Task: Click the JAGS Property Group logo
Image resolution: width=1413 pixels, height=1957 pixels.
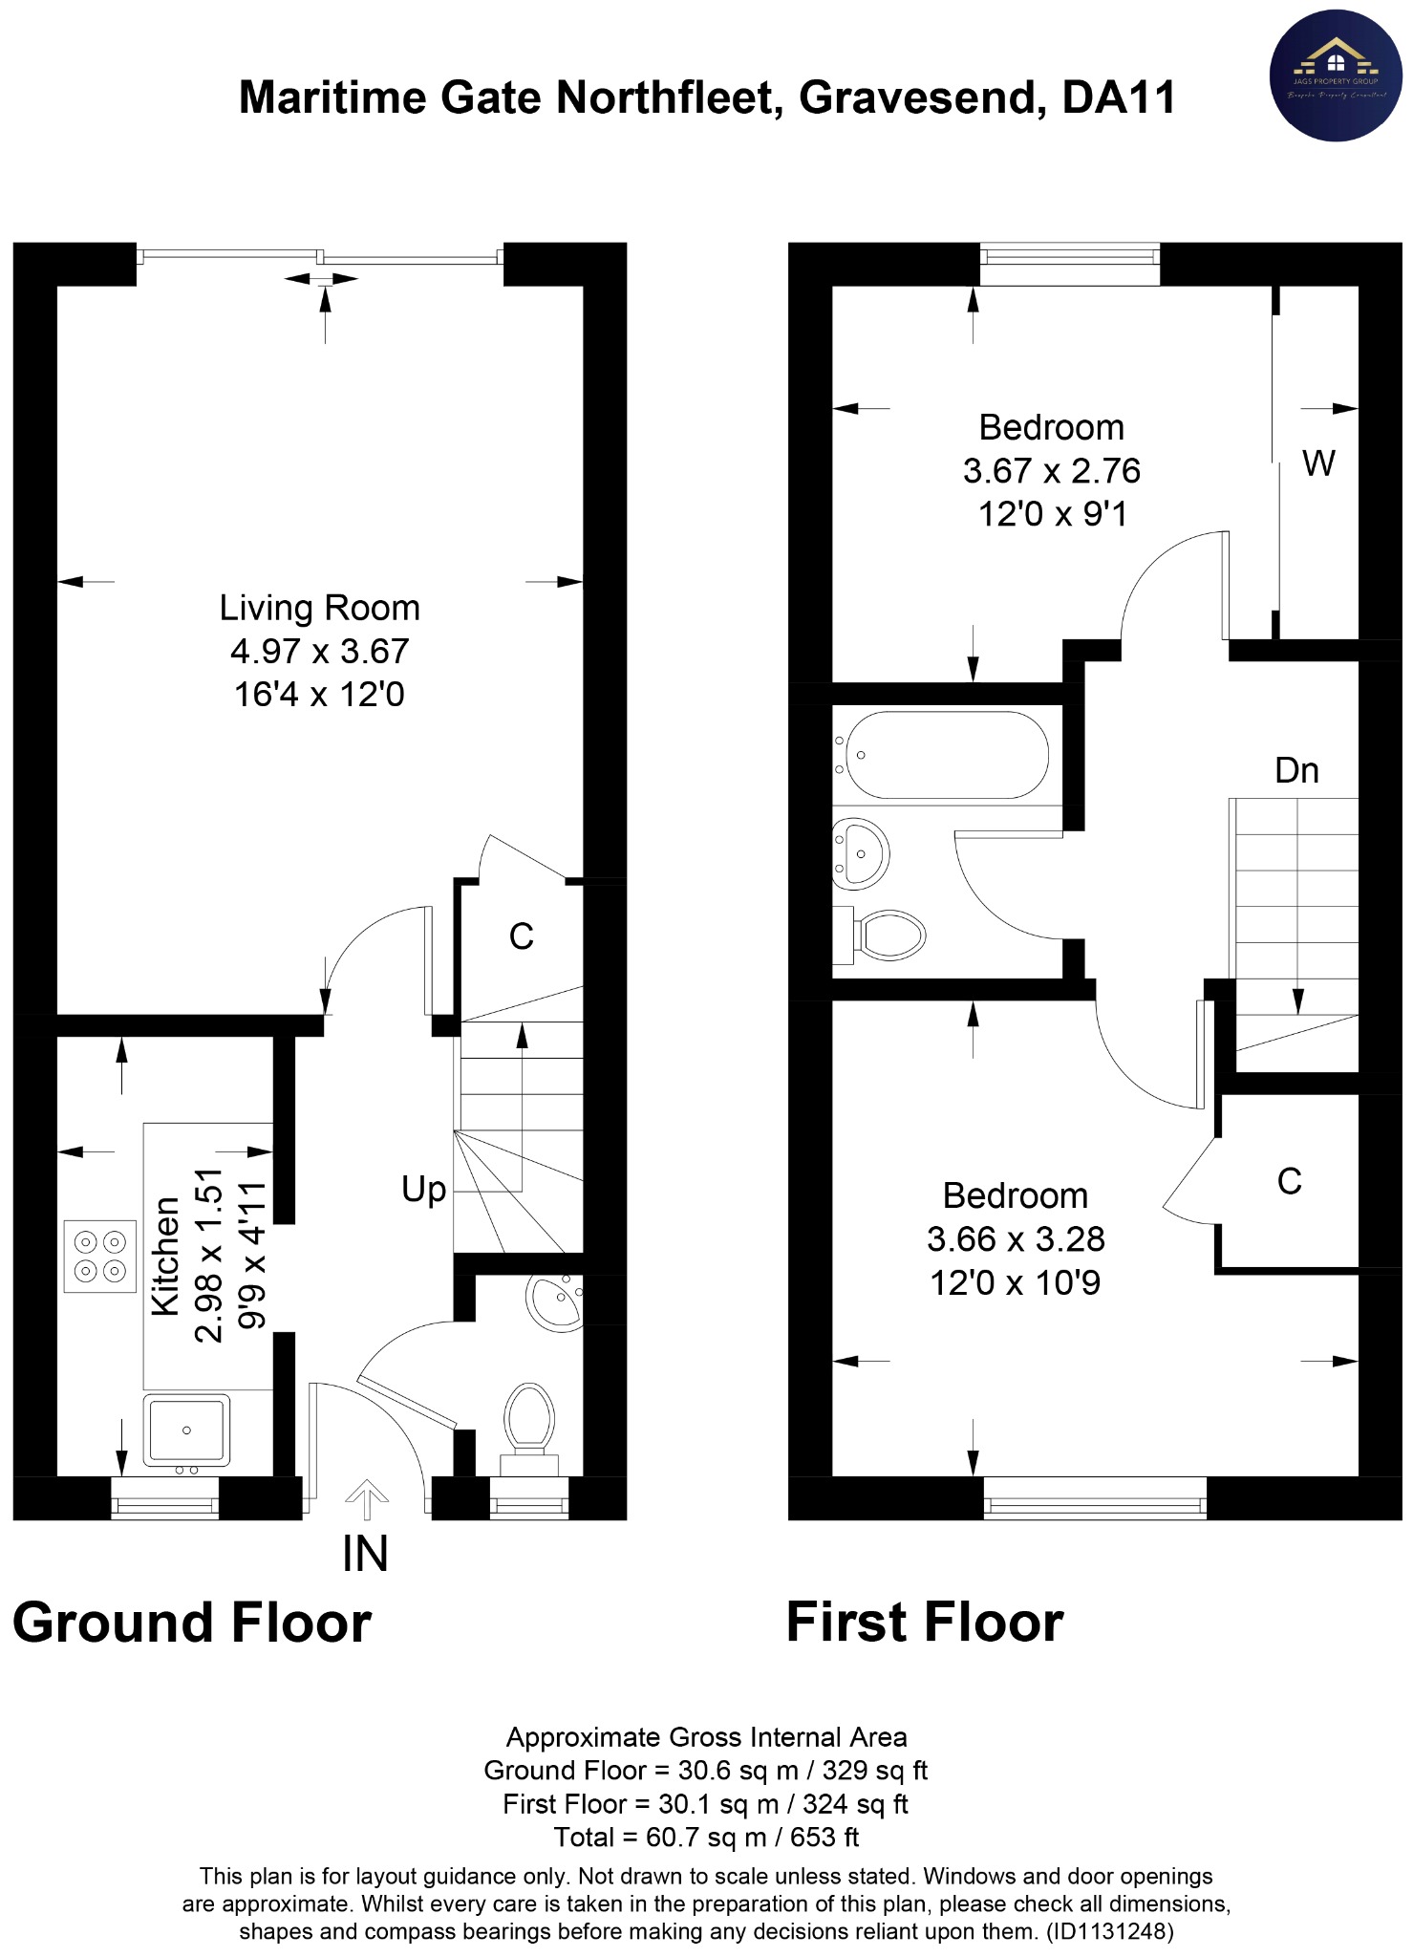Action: [1335, 76]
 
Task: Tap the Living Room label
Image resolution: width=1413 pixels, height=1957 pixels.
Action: [319, 608]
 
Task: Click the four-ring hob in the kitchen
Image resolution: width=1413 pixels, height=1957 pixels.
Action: [100, 1257]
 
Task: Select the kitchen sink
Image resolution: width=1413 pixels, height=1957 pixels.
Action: [186, 1430]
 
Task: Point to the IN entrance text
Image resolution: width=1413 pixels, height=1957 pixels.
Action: [365, 1555]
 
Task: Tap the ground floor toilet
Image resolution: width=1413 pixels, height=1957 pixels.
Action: [529, 1421]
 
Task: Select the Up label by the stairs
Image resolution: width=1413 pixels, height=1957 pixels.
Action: [423, 1190]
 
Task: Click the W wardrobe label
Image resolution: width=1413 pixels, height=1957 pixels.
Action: [1318, 464]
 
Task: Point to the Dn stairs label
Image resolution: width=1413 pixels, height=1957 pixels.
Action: [1296, 771]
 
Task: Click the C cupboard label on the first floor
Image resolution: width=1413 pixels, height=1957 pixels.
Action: [1289, 1182]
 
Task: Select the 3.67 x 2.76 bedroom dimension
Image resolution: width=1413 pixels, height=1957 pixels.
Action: [1051, 471]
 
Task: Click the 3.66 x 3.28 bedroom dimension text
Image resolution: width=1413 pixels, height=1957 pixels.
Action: [1015, 1239]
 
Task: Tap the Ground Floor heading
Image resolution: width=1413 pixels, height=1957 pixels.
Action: [192, 1624]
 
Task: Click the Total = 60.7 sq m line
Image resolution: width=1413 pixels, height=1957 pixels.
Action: [706, 1838]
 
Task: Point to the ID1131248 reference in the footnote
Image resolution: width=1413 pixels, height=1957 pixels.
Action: [1109, 1931]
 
